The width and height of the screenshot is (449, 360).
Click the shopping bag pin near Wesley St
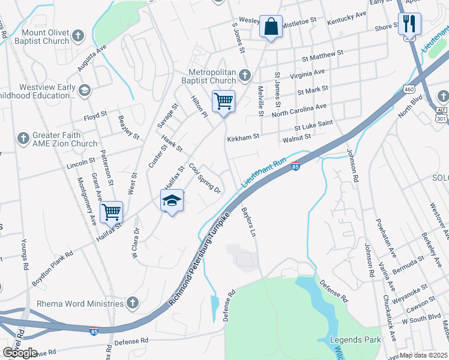coord(271,27)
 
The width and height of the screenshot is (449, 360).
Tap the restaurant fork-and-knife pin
coord(410,24)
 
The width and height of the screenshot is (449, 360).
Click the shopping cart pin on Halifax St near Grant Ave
coord(111,212)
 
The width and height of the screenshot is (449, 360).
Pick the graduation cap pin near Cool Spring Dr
coord(172,201)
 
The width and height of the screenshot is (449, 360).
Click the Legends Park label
coord(356,340)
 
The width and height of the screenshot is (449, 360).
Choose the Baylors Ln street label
coord(249,222)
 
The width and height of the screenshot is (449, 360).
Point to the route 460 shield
coord(409,89)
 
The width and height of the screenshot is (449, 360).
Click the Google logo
coord(20,353)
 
